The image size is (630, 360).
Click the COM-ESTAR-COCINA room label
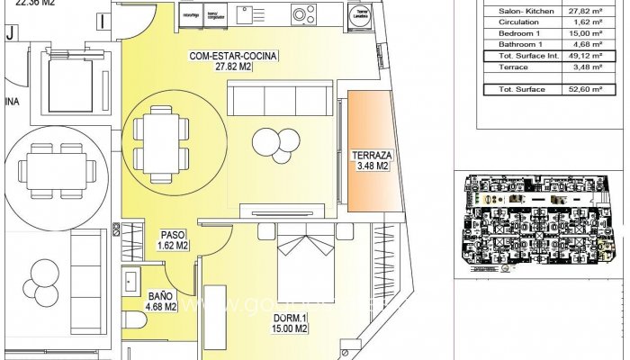coord(233,61)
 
